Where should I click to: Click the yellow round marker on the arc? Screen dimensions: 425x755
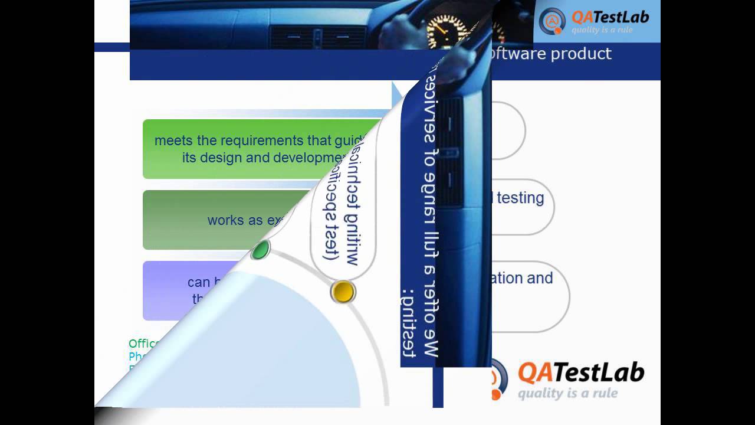[343, 292]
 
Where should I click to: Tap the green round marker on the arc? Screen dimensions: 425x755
[260, 250]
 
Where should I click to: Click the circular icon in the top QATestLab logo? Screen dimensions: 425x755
[552, 21]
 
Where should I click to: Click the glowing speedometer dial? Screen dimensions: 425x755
[447, 30]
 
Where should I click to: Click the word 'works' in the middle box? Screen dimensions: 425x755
[226, 220]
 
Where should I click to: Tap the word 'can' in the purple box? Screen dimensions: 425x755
[199, 282]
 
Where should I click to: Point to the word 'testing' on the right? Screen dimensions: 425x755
[520, 198]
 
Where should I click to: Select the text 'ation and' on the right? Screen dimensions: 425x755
[517, 278]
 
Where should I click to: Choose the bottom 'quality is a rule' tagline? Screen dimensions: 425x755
[567, 393]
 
